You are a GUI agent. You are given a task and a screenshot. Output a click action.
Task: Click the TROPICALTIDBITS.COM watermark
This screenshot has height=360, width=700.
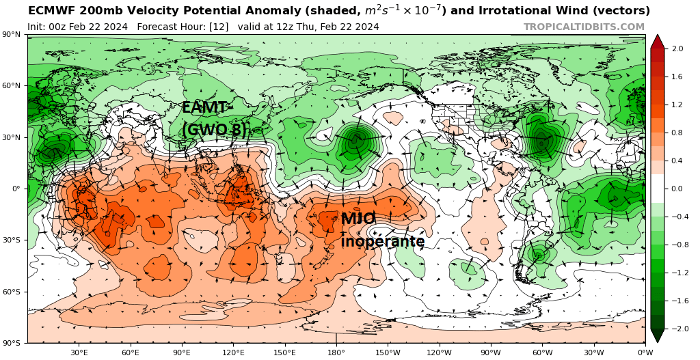(584, 27)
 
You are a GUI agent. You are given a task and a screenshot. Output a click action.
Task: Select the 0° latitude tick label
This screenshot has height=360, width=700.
(14, 189)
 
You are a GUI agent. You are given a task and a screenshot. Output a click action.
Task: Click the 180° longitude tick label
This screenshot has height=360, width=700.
(336, 352)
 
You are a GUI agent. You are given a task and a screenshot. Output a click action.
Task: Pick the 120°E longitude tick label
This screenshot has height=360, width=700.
(233, 352)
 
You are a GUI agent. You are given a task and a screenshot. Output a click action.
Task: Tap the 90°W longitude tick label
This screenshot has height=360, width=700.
(491, 352)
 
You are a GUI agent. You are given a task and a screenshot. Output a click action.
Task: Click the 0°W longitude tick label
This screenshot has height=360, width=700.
(645, 352)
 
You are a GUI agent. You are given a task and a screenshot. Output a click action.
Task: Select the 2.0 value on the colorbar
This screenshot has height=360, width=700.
(678, 49)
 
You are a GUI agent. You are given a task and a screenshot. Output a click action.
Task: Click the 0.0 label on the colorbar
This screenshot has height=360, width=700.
(678, 189)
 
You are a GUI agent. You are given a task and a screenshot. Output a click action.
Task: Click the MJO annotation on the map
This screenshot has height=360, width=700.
(358, 219)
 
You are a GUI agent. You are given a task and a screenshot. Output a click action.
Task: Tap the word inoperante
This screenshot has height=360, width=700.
(383, 242)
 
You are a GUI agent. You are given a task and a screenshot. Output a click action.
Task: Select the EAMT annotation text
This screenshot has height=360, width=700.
(203, 107)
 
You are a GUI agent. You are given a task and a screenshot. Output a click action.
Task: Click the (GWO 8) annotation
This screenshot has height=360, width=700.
(214, 130)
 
